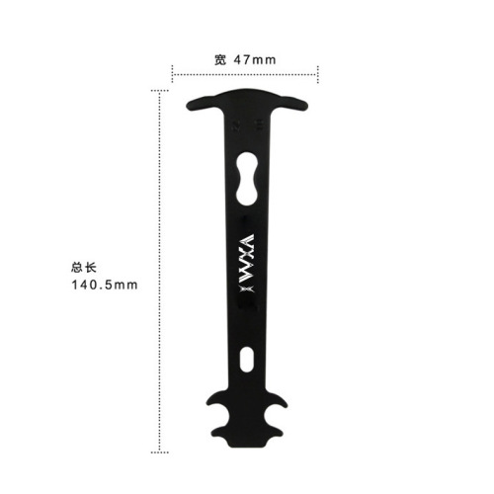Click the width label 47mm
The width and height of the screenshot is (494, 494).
pos(256,60)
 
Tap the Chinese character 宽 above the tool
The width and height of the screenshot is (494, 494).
pos(220,60)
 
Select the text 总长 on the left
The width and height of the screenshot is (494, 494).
pos(84,267)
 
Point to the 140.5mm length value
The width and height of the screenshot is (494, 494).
pos(104,287)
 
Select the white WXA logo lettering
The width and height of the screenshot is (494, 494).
pos(247,252)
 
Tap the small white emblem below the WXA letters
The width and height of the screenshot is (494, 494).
pos(247,288)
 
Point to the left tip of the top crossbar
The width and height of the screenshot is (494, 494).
pos(190,104)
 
